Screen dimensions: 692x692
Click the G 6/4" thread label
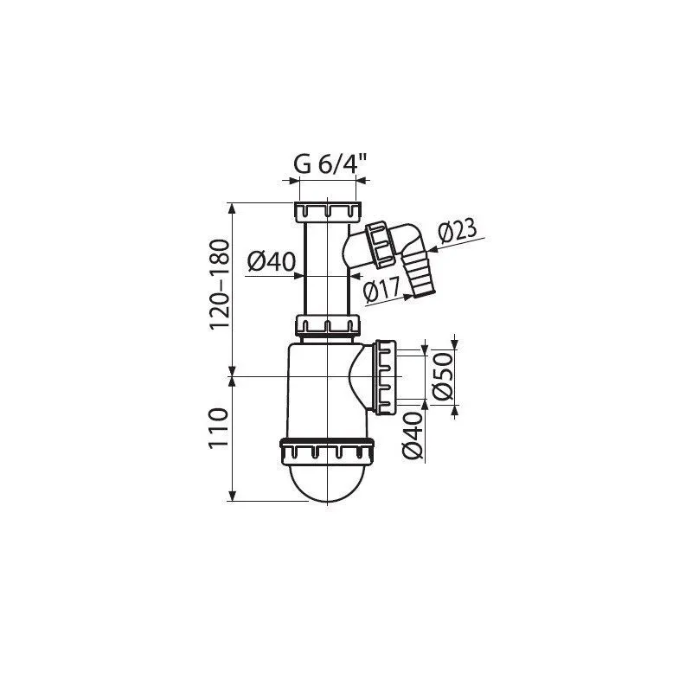click(x=330, y=164)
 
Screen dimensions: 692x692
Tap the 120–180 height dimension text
click(x=220, y=285)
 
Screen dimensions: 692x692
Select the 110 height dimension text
click(x=220, y=427)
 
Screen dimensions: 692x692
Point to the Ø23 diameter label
click(x=458, y=231)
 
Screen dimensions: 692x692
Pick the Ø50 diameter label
click(x=443, y=376)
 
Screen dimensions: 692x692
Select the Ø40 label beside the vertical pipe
click(x=271, y=262)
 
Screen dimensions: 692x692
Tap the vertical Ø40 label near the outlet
click(x=413, y=435)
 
